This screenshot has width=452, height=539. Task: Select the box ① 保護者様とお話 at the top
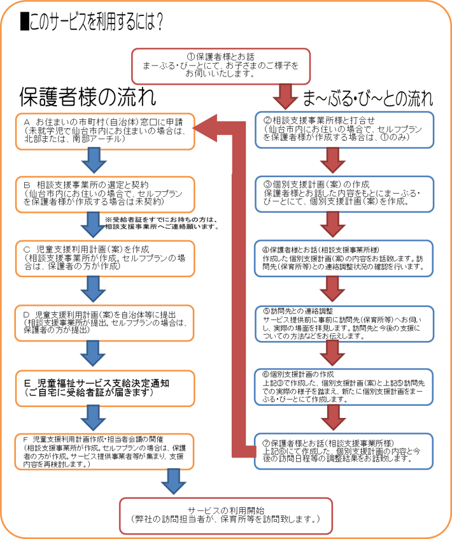pos(220,64)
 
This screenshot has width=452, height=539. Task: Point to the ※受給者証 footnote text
pos(162,223)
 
